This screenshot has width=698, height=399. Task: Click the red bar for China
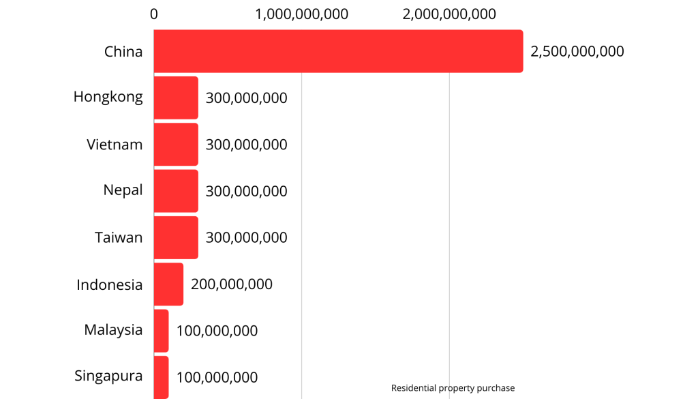pyautogui.click(x=338, y=51)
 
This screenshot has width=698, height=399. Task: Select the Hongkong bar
pyautogui.click(x=176, y=98)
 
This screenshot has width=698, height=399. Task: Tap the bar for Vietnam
pyautogui.click(x=176, y=145)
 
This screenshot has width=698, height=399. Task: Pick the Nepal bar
pyautogui.click(x=176, y=191)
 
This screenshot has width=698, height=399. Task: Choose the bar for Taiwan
pyautogui.click(x=176, y=237)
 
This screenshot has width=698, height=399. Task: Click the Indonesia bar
pyautogui.click(x=168, y=284)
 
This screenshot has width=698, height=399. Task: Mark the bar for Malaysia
pyautogui.click(x=161, y=331)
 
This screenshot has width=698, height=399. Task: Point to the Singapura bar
pyautogui.click(x=161, y=376)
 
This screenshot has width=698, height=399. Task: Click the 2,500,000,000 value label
pyautogui.click(x=577, y=51)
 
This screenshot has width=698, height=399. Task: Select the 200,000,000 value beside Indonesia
pyautogui.click(x=232, y=284)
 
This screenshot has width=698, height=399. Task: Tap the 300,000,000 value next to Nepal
pyautogui.click(x=246, y=191)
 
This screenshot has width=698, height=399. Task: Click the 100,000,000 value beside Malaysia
pyautogui.click(x=217, y=331)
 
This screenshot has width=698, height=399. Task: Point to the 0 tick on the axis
pyautogui.click(x=154, y=14)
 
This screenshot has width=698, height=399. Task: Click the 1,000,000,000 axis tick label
pyautogui.click(x=301, y=14)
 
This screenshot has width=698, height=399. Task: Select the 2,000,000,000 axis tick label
pyautogui.click(x=449, y=14)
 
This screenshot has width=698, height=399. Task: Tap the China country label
pyautogui.click(x=123, y=51)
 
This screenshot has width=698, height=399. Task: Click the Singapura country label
pyautogui.click(x=108, y=376)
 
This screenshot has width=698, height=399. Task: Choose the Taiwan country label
pyautogui.click(x=119, y=237)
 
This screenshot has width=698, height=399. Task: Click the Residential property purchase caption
pyautogui.click(x=453, y=388)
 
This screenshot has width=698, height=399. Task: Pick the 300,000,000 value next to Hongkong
pyautogui.click(x=246, y=98)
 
